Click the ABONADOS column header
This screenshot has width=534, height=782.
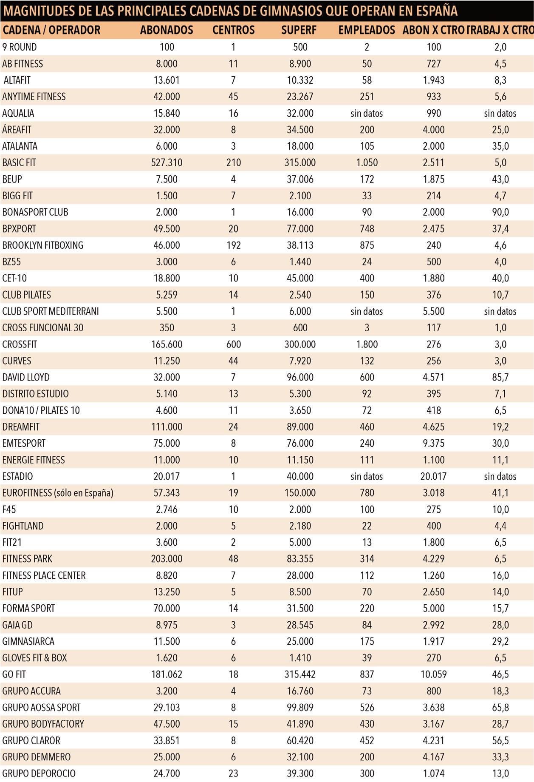point(167,30)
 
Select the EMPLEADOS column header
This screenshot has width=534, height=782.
point(367,30)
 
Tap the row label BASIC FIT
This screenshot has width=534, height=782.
point(19,162)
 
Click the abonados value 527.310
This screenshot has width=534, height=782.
point(167,162)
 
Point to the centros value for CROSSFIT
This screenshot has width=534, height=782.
point(233,344)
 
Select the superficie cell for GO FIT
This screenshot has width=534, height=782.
point(300,674)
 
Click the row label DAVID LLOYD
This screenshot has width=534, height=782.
point(26,377)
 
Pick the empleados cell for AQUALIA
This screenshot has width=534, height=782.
point(367,113)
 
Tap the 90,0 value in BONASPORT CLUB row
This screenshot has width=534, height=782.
point(500,212)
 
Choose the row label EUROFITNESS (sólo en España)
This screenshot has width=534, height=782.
point(58,493)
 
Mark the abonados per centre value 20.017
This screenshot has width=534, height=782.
point(433,476)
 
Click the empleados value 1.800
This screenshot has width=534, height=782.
point(367,344)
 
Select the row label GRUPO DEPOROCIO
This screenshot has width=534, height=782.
point(39,773)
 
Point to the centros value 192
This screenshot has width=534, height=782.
point(233,245)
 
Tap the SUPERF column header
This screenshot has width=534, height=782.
point(300,30)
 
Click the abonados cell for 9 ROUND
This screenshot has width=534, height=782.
point(167,47)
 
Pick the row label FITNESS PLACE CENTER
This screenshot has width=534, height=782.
point(44,575)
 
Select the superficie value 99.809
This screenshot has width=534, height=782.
point(300,708)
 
